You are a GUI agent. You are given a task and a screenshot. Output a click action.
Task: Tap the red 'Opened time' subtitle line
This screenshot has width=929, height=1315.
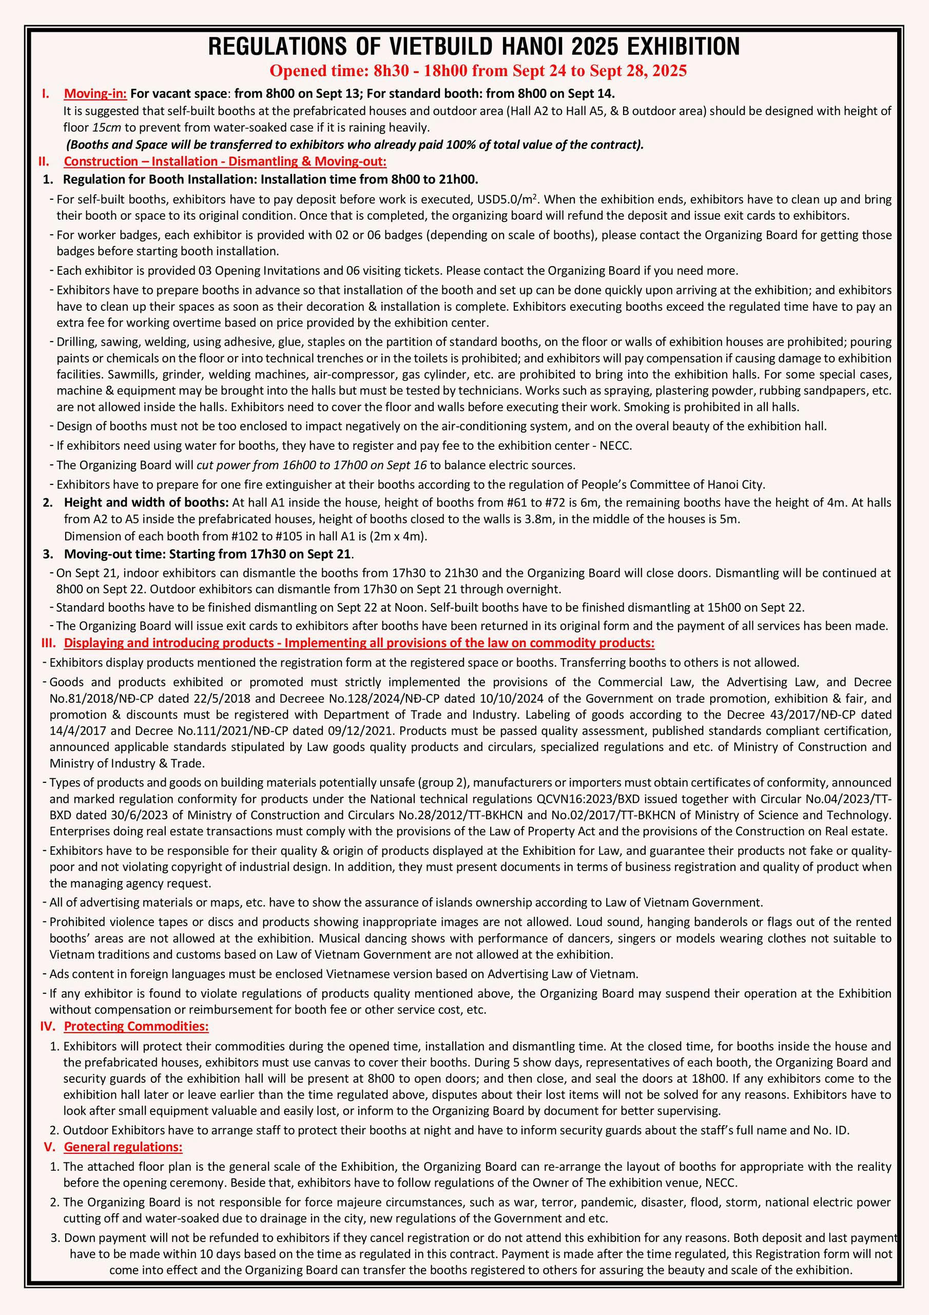[478, 71]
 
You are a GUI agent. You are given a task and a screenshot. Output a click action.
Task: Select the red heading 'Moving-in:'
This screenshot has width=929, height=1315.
[95, 93]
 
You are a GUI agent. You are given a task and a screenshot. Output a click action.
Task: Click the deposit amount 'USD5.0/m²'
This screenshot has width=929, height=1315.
[507, 199]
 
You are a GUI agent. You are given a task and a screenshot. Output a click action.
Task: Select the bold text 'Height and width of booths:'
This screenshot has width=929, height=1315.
[146, 503]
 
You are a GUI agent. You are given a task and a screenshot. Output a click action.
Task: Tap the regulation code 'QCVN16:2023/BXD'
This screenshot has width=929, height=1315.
[583, 799]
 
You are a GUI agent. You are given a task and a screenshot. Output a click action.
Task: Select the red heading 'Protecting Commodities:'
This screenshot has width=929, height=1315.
[136, 1026]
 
